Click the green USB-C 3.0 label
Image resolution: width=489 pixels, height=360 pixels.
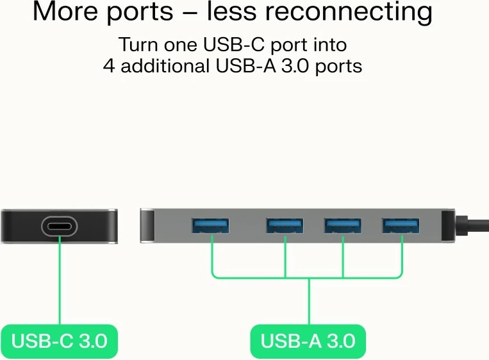59,341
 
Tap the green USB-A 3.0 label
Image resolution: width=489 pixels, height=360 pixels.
308,341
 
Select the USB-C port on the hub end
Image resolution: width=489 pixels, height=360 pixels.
60,226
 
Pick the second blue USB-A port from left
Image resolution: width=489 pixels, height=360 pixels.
285,226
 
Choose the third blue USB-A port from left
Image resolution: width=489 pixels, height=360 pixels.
343,226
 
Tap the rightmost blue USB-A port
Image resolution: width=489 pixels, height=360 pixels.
402,226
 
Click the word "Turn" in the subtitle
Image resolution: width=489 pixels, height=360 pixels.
137,45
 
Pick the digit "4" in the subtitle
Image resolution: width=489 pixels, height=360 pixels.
110,66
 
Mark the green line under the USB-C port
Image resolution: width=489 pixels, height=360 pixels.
60,282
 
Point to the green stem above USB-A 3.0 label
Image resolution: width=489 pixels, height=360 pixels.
309,301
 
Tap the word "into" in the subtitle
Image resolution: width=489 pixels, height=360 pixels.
329,45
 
